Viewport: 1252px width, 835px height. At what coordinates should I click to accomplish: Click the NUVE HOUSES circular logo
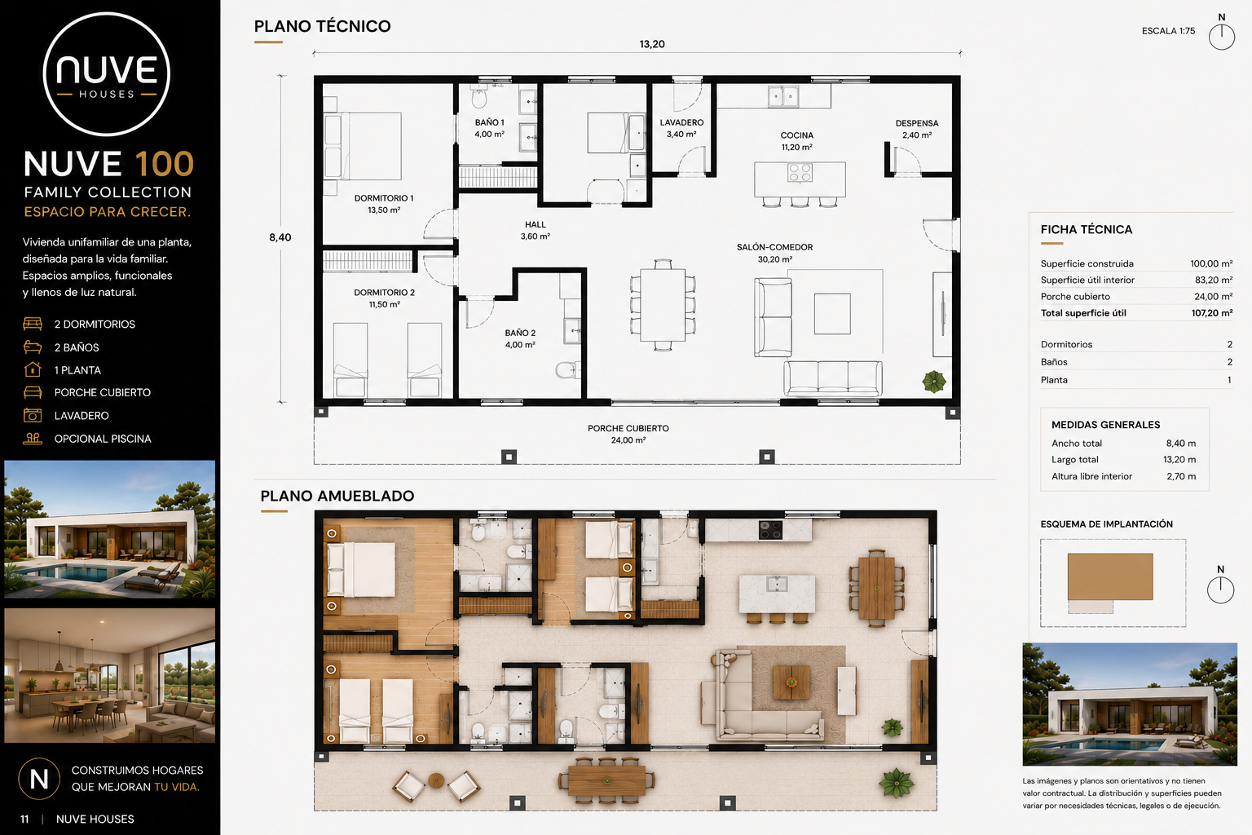pyautogui.click(x=106, y=74)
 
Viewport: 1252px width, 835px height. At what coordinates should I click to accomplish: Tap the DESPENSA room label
pyautogui.click(x=917, y=123)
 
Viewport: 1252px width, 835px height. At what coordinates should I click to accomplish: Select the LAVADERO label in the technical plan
pyautogui.click(x=681, y=122)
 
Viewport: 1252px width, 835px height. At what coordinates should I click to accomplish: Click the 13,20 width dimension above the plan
pyautogui.click(x=652, y=44)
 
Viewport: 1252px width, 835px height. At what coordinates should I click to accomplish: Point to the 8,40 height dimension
pyautogui.click(x=280, y=237)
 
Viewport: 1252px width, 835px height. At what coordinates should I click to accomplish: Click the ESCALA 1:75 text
pyautogui.click(x=1168, y=31)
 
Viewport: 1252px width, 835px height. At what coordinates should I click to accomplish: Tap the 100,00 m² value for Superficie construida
pyautogui.click(x=1211, y=263)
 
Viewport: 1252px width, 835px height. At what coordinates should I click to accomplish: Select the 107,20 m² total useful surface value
pyautogui.click(x=1212, y=312)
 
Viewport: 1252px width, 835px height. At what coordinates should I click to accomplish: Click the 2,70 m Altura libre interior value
pyautogui.click(x=1181, y=476)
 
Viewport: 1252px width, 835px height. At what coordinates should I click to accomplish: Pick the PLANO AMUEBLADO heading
pyautogui.click(x=337, y=496)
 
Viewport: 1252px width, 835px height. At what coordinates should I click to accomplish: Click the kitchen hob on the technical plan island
pyautogui.click(x=800, y=173)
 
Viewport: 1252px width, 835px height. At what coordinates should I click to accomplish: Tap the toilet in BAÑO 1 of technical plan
pyautogui.click(x=479, y=97)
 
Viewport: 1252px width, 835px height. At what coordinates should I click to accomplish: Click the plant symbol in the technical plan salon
pyautogui.click(x=934, y=382)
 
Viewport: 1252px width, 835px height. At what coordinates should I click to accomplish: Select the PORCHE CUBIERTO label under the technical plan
pyautogui.click(x=628, y=428)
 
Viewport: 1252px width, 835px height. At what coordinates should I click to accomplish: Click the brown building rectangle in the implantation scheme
pyautogui.click(x=1110, y=577)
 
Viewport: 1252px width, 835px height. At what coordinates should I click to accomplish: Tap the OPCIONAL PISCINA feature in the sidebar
pyautogui.click(x=103, y=439)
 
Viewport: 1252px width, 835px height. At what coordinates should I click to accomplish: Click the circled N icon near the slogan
pyautogui.click(x=39, y=779)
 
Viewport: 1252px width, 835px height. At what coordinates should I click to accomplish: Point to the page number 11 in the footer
pyautogui.click(x=24, y=820)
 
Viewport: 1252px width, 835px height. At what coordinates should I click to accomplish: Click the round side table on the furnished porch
pyautogui.click(x=436, y=780)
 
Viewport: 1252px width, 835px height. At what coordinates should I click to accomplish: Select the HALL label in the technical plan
pyautogui.click(x=535, y=225)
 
